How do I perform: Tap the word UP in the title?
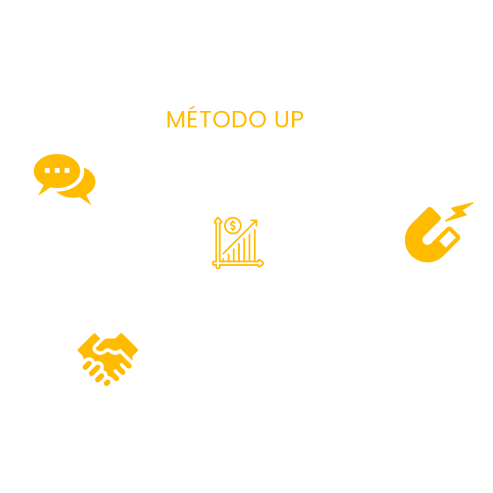click(x=287, y=119)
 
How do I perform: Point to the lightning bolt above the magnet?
click(x=459, y=211)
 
